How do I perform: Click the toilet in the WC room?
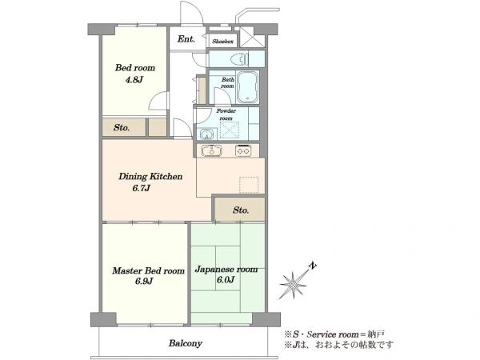tap(241, 58)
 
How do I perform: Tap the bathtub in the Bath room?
tap(247, 87)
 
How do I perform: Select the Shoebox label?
tap(223, 42)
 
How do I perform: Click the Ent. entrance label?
tap(186, 39)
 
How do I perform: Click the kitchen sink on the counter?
tap(211, 150)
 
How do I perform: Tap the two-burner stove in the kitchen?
tap(243, 150)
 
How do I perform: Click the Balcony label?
tap(186, 343)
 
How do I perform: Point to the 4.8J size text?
tap(134, 80)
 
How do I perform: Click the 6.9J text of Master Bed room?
tap(144, 281)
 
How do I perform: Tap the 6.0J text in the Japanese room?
tap(226, 280)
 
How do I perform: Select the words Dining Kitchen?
tap(150, 176)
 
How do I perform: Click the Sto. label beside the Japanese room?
tap(241, 210)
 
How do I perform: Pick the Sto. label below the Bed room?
tap(122, 127)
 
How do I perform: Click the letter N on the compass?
tap(313, 266)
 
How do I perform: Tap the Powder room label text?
tap(226, 114)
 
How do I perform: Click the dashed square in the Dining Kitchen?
tap(249, 185)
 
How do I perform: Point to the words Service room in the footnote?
tap(333, 334)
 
